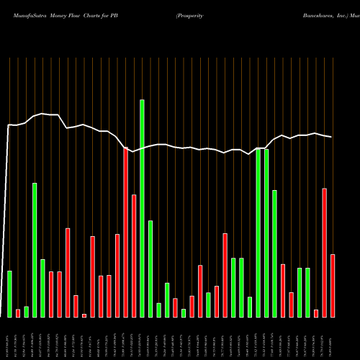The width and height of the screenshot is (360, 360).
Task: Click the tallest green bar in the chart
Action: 142,208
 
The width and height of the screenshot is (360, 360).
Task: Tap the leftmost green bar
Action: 9,294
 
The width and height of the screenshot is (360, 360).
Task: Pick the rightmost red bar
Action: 333,285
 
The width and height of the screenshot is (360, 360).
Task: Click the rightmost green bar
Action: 307,292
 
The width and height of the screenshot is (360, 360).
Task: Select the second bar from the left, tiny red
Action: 18,313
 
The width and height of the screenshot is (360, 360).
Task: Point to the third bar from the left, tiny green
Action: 26,312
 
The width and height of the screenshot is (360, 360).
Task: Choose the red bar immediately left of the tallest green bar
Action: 134,256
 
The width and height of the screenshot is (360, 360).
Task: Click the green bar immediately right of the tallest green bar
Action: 150,269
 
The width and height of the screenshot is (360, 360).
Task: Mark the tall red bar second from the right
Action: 324,252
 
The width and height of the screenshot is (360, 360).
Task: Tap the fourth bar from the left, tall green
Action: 35,250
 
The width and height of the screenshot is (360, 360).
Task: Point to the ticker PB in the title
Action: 113,14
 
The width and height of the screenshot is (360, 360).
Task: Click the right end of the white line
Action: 332,137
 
